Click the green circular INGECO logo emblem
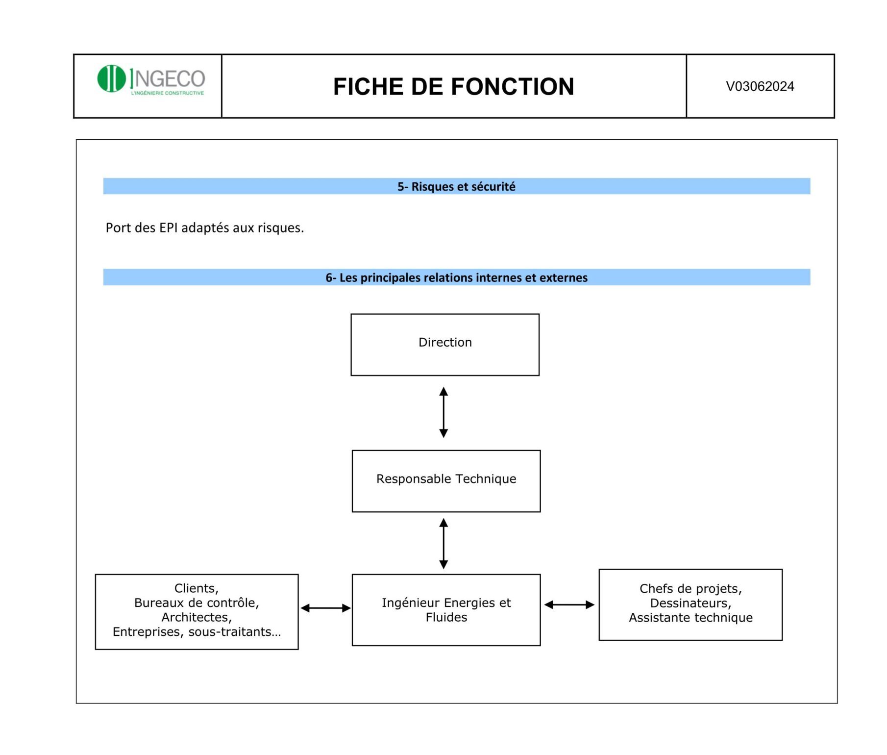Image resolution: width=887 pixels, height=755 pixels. [112, 78]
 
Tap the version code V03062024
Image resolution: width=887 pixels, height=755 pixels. [760, 86]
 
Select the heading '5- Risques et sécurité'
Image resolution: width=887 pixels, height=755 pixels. [456, 187]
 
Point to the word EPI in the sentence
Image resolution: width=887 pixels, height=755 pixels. [169, 228]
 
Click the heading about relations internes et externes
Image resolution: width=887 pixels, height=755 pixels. [456, 278]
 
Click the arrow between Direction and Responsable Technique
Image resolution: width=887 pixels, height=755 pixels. [443, 412]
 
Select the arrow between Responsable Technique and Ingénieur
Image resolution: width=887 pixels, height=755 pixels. [443, 543]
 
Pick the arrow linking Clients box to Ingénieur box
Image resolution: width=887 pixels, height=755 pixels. [325, 608]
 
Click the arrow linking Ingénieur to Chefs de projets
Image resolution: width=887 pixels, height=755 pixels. [569, 604]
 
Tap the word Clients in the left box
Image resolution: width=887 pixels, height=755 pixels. [195, 588]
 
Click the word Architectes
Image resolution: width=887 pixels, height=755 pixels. [195, 617]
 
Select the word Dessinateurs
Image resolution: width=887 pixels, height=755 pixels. [689, 603]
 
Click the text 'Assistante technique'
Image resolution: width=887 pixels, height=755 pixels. [690, 618]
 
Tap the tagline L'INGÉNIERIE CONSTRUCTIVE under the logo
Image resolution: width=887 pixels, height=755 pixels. [167, 93]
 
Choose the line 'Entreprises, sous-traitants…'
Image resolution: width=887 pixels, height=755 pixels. [197, 631]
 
